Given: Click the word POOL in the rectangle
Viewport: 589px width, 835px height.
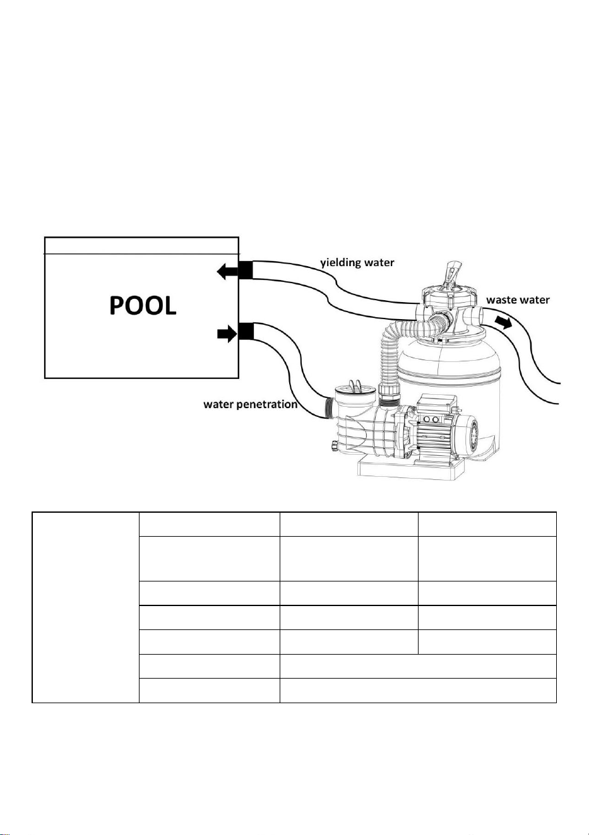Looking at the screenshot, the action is coord(143,306).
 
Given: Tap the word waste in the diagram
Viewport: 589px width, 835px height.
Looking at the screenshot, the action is coord(502,300).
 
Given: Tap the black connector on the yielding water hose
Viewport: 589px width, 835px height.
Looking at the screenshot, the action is coord(246,270).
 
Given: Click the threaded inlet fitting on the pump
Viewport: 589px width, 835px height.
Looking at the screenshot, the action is coord(329,407).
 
